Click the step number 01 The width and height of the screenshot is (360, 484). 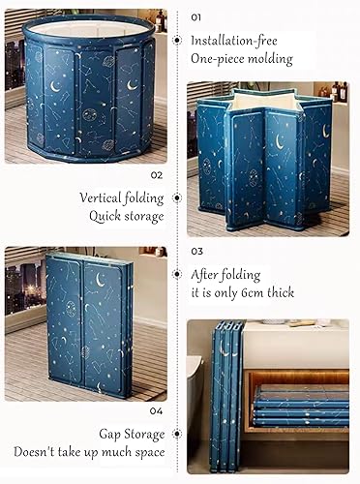pos(196,16)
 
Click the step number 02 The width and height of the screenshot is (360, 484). pos(157,175)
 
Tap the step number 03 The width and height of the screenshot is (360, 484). pos(197,249)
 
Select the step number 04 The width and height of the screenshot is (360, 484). pos(157,409)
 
